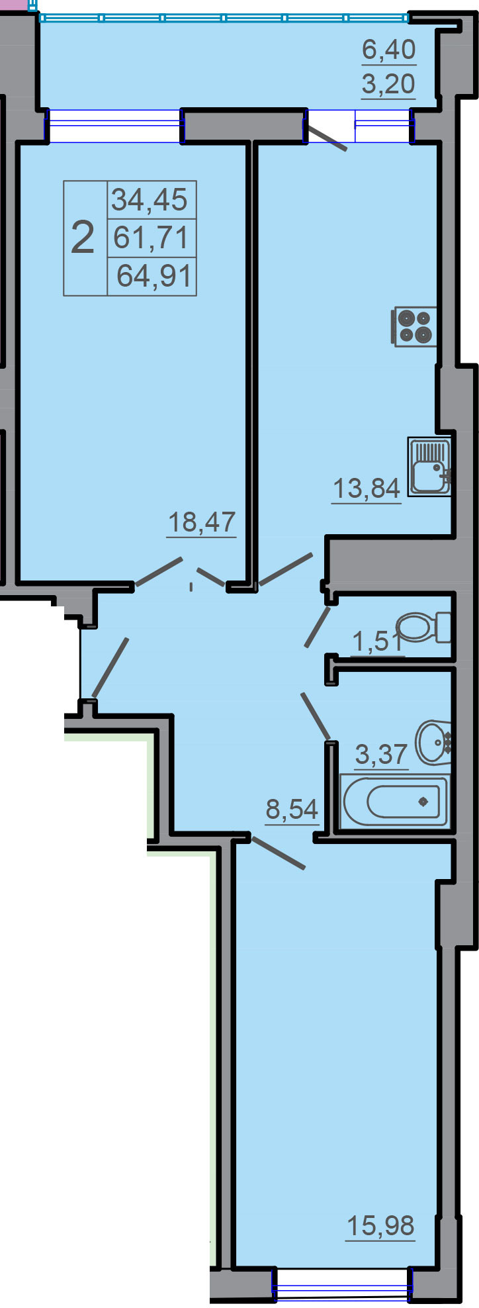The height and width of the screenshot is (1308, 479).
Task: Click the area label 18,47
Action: (x=202, y=522)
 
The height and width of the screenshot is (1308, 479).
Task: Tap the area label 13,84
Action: (x=366, y=489)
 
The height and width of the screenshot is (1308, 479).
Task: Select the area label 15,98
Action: (x=380, y=1226)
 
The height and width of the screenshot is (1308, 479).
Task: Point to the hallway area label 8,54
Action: (x=292, y=809)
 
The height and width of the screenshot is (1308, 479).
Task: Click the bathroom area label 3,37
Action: (x=381, y=754)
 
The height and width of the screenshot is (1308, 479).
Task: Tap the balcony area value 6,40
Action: (x=389, y=49)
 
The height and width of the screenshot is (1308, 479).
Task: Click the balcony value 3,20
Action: (x=389, y=84)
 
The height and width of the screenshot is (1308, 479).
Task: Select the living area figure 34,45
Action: (x=150, y=199)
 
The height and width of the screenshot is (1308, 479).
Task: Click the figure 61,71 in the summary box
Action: (x=152, y=237)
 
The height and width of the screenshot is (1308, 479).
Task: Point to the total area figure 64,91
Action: (x=154, y=275)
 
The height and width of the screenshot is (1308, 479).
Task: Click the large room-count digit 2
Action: (x=83, y=238)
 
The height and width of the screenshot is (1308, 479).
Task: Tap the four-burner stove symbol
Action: (x=415, y=326)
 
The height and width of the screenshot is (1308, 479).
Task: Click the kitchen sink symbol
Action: (x=429, y=466)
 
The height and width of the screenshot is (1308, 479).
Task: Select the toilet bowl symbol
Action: (x=423, y=627)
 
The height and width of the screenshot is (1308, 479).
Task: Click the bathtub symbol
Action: (x=395, y=801)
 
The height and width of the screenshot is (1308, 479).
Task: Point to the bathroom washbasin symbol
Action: (x=433, y=742)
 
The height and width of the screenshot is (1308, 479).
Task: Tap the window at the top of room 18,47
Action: (x=114, y=126)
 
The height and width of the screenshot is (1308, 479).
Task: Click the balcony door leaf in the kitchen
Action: (x=326, y=136)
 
